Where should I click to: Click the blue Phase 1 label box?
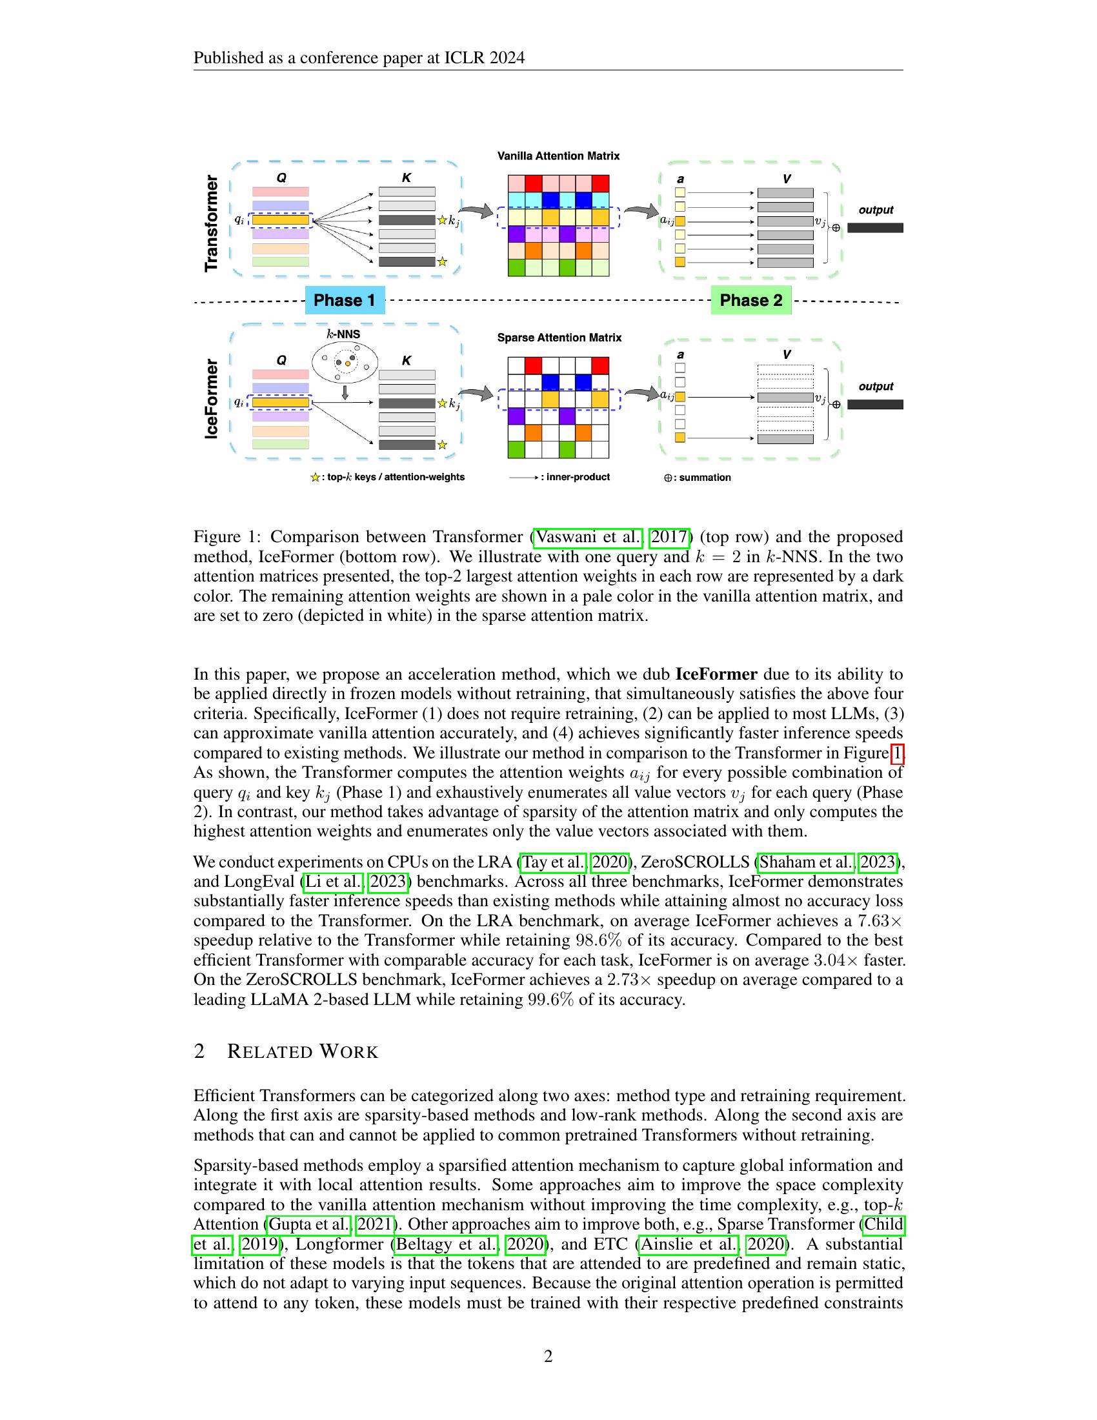(345, 300)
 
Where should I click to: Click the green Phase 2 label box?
(750, 300)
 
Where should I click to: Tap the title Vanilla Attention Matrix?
(558, 156)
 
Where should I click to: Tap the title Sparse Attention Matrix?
(559, 338)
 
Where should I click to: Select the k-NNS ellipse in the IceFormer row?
(345, 362)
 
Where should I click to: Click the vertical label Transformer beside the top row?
(211, 223)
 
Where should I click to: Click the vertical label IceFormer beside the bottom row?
(211, 398)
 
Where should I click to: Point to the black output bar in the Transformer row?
(875, 228)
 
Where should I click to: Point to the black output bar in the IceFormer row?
(875, 405)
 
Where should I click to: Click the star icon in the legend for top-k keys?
(315, 478)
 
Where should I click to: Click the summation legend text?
(705, 478)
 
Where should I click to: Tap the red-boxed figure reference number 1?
(897, 753)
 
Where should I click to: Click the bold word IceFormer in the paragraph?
(716, 674)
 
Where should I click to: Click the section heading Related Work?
(302, 1051)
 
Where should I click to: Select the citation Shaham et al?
(806, 862)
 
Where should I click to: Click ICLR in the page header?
(461, 59)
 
